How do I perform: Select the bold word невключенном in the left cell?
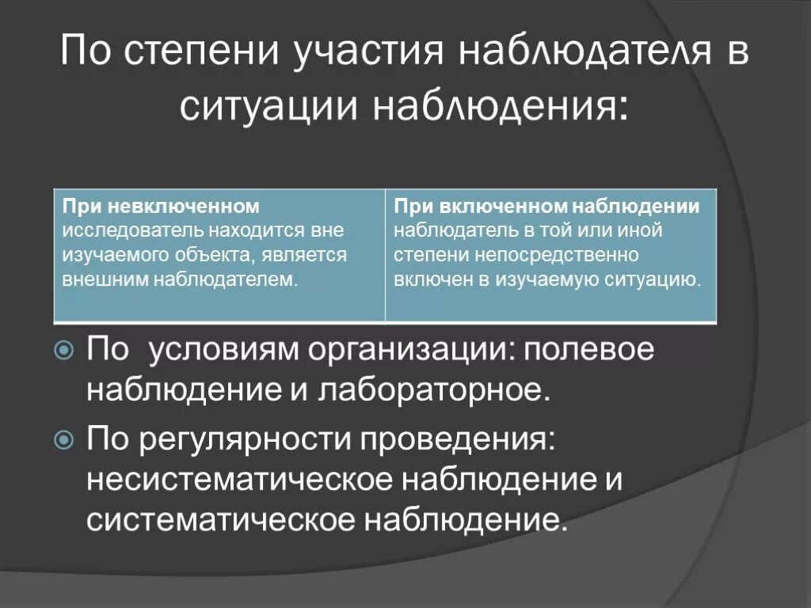tap(184, 207)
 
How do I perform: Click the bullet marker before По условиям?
tap(65, 349)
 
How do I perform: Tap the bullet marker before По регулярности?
tap(65, 438)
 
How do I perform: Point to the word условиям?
tap(223, 350)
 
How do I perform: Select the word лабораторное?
tap(433, 390)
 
